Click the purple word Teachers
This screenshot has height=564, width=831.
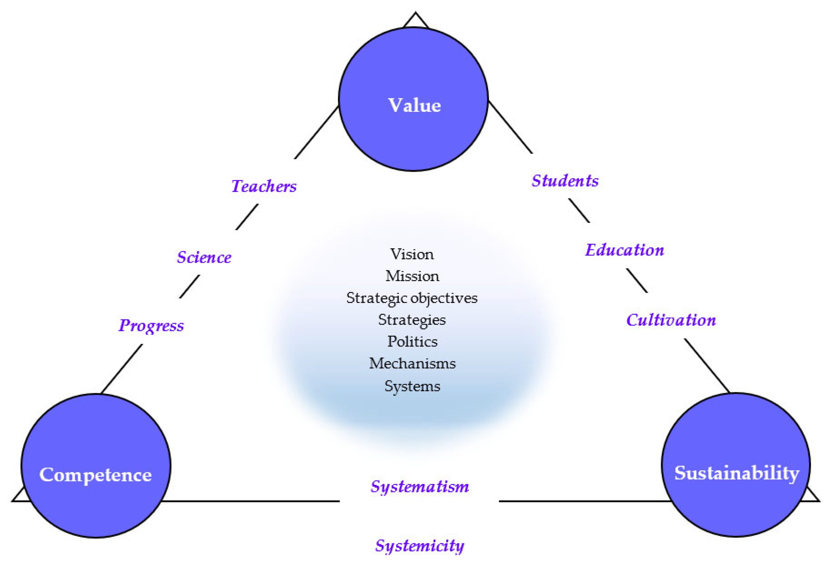point(264,186)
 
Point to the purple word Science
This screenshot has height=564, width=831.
point(204,257)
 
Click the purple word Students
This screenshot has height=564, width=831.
point(565,181)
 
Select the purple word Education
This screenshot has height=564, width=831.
point(624,250)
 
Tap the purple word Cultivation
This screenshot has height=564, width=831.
point(671,320)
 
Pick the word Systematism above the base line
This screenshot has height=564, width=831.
point(420,486)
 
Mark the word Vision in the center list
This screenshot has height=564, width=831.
point(412,254)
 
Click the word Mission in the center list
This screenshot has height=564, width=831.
point(412,276)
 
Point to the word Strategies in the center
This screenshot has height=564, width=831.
point(412,320)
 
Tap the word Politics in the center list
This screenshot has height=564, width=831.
point(412,341)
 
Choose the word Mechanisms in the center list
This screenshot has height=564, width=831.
point(412,363)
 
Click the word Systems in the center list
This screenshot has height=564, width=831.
point(412,386)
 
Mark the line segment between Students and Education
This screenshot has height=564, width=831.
point(579,211)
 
